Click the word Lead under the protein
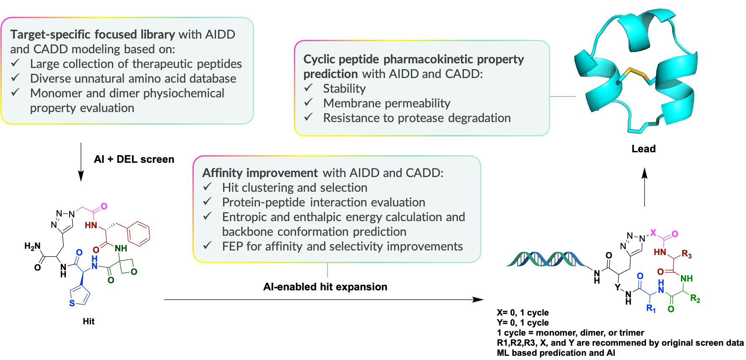pyautogui.click(x=643, y=149)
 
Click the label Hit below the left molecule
pyautogui.click(x=88, y=321)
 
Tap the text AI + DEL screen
pyautogui.click(x=134, y=159)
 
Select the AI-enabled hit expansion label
pyautogui.click(x=325, y=287)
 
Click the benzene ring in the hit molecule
pyautogui.click(x=139, y=234)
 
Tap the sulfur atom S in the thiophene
pyautogui.click(x=72, y=303)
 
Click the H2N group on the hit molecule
pyautogui.click(x=32, y=246)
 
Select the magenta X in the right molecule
pyautogui.click(x=653, y=232)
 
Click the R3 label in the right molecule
pyautogui.click(x=686, y=254)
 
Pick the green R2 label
pyautogui.click(x=695, y=299)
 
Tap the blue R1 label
pyautogui.click(x=651, y=309)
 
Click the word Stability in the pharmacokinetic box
pyautogui.click(x=344, y=89)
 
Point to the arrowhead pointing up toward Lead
pyautogui.click(x=645, y=173)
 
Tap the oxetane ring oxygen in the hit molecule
pyautogui.click(x=134, y=272)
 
